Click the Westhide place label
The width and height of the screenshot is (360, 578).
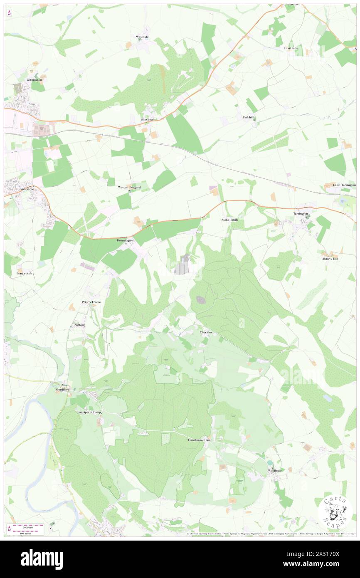point(142,37)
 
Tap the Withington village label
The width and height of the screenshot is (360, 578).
point(34,79)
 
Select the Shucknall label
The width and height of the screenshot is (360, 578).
point(148,119)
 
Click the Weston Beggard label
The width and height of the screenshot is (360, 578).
point(129,188)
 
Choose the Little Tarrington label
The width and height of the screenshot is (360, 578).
point(344,185)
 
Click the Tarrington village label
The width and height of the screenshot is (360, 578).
point(301,213)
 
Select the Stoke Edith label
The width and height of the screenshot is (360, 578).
point(229,220)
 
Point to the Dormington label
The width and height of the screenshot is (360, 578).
point(125,240)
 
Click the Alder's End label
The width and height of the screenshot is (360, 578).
point(330,259)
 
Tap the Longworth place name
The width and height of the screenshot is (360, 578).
point(24,274)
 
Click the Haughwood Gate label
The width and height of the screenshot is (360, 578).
point(200,440)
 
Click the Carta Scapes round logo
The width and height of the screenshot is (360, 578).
point(335,513)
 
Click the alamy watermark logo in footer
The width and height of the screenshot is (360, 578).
point(42,559)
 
